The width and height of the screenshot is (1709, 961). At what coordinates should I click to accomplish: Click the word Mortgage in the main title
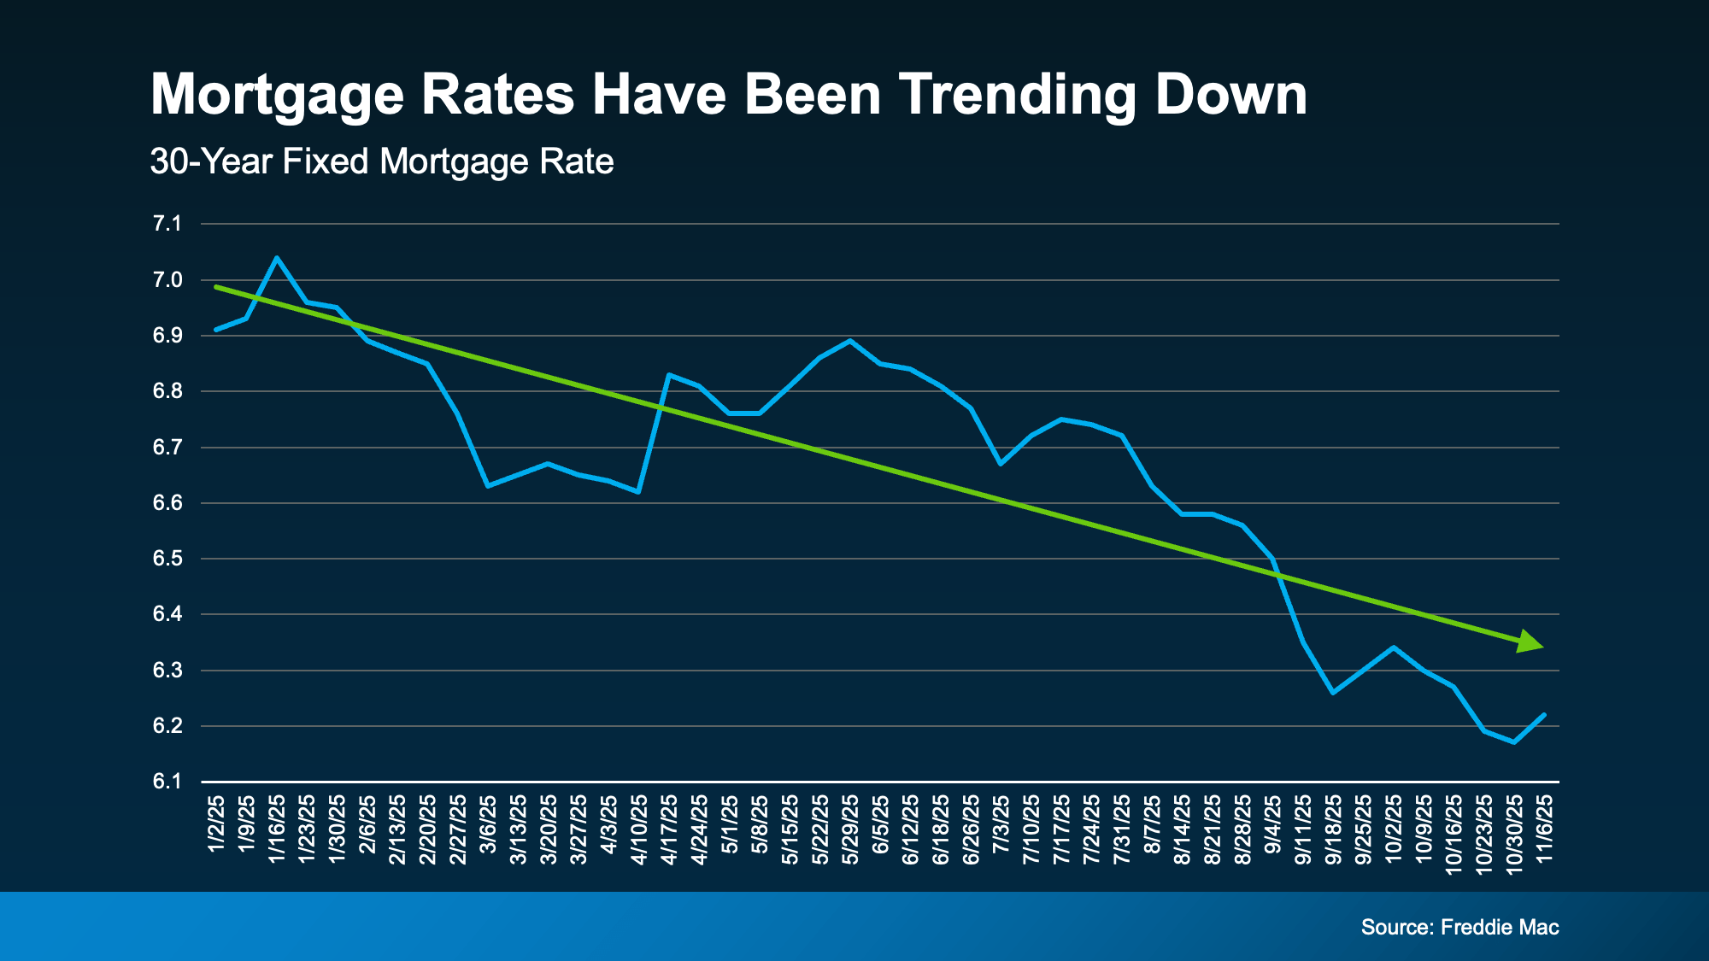point(276,96)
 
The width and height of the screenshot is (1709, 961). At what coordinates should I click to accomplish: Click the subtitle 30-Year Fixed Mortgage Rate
point(382,161)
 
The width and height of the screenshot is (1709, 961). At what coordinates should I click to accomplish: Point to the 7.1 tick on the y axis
point(167,224)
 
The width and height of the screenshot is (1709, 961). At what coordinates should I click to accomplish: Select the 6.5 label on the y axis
point(167,559)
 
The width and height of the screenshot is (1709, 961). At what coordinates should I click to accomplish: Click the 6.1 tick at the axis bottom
point(167,782)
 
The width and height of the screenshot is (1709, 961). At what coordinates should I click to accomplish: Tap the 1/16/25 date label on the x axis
point(277,829)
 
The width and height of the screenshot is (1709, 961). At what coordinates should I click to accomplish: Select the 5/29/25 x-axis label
point(850,829)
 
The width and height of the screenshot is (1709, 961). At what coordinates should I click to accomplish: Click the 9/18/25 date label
point(1333,829)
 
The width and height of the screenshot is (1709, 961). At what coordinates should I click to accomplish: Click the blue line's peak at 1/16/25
point(276,257)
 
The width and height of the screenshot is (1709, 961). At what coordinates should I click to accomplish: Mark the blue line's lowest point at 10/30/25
point(1514,742)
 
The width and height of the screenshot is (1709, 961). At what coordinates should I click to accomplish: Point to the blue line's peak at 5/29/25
point(849,341)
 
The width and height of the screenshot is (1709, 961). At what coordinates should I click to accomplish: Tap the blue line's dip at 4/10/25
point(638,492)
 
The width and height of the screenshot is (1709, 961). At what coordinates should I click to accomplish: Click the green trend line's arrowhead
point(1530,642)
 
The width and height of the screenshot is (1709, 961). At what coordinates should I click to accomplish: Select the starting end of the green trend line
point(216,287)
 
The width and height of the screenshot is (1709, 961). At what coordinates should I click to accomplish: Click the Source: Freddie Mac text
point(1459,927)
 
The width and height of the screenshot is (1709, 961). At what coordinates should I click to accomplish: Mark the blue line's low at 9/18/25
point(1333,693)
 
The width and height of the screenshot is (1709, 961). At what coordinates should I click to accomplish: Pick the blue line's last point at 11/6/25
point(1544,715)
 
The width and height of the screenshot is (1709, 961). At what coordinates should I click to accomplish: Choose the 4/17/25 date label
point(669,829)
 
